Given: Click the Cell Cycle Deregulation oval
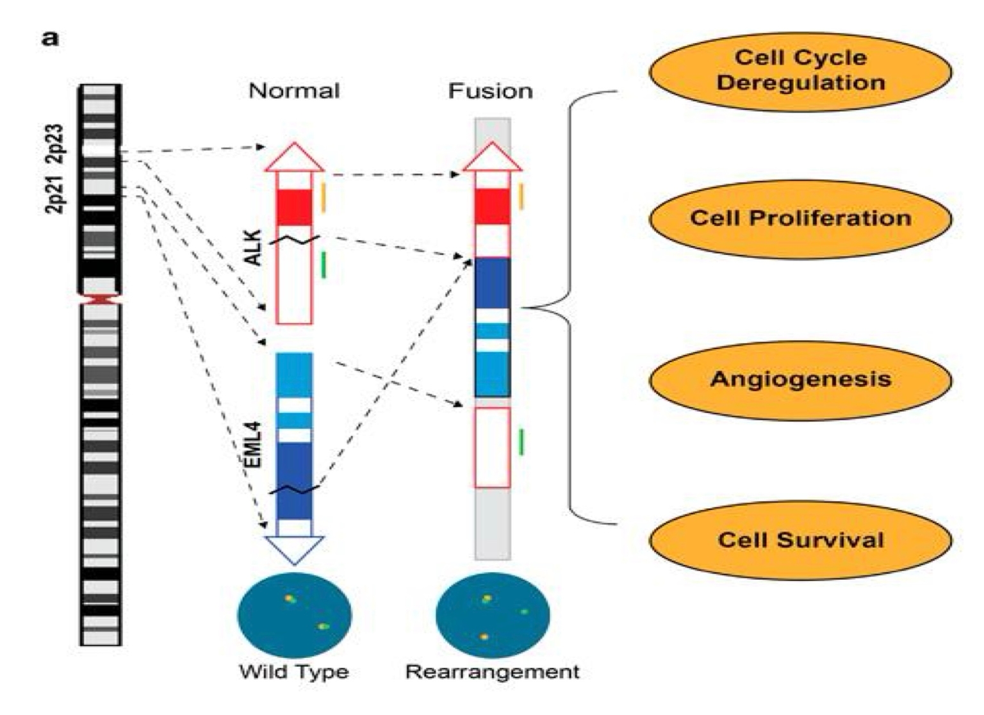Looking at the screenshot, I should click(800, 71).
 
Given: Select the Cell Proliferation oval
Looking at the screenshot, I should click(800, 218).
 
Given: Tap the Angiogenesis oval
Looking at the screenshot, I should click(800, 379).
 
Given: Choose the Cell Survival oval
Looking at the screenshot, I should click(800, 540).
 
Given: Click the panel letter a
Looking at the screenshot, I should click(50, 38).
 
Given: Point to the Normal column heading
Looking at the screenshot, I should click(294, 91).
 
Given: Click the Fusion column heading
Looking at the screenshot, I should click(490, 91).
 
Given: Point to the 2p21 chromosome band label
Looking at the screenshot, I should click(56, 193).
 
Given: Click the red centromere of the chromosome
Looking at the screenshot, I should click(100, 299).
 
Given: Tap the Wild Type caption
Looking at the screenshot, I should click(294, 672).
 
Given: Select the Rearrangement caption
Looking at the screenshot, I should click(492, 672).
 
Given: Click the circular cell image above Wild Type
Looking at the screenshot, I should click(294, 615).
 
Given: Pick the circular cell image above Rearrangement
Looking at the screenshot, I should click(492, 615).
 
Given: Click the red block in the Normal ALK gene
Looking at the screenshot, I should click(294, 207).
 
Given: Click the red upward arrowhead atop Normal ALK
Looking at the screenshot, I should click(294, 158).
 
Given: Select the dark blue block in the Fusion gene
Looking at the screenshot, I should click(492, 283).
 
